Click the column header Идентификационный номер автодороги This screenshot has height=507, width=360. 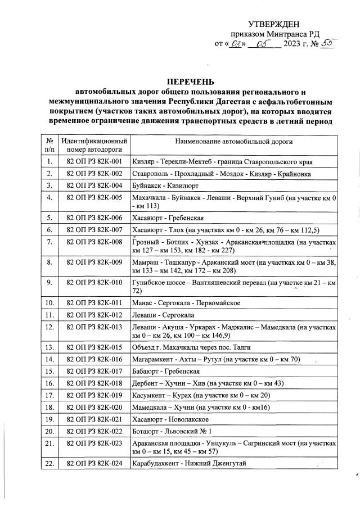(x=94, y=145)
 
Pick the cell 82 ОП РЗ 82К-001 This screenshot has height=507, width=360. (x=94, y=162)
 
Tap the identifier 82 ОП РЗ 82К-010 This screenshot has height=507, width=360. (x=94, y=282)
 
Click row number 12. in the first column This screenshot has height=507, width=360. (x=50, y=327)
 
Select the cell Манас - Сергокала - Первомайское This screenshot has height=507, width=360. (x=186, y=303)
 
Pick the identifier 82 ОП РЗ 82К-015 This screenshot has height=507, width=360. (x=94, y=347)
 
